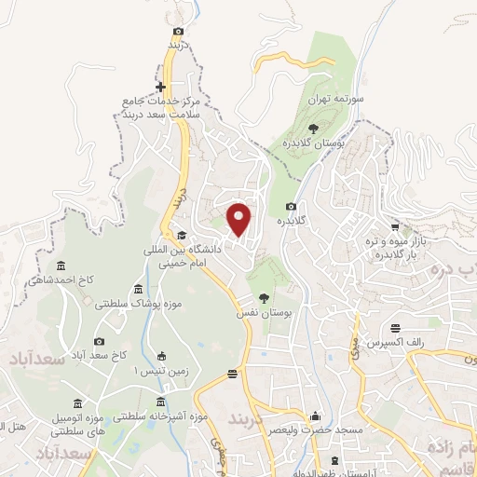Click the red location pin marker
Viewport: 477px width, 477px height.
(240, 219)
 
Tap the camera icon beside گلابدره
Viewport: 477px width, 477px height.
(292, 206)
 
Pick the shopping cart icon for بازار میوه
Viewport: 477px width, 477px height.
(396, 226)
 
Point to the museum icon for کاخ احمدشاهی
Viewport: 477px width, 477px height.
(61, 266)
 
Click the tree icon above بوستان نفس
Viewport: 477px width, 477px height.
(266, 299)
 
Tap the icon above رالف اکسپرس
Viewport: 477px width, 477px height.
(397, 327)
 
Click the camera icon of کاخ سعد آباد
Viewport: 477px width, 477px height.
(100, 342)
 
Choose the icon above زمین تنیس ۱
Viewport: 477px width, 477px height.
(161, 355)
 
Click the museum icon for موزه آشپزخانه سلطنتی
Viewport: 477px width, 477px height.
(160, 402)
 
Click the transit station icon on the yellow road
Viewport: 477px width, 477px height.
(232, 375)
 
